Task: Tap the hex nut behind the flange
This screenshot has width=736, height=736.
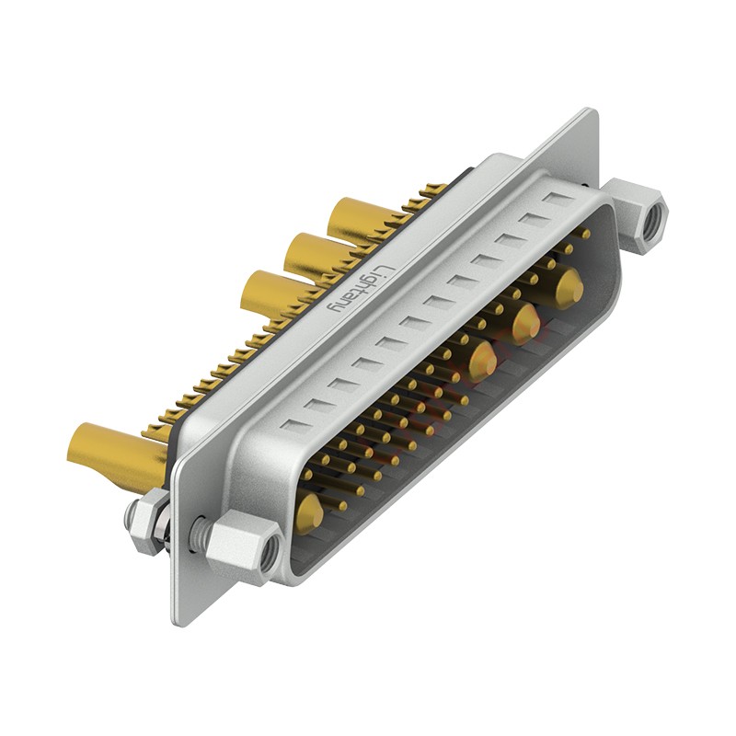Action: click(146, 521)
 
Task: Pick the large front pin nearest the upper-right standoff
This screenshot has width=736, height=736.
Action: click(568, 287)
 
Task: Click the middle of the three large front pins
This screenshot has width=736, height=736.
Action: click(525, 323)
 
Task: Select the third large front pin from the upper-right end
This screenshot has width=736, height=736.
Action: click(481, 360)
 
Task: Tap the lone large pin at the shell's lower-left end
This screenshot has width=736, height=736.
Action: click(309, 512)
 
